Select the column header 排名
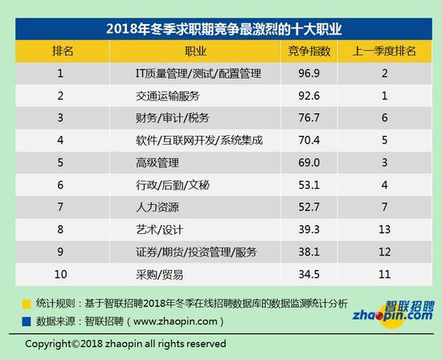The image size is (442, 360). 63,51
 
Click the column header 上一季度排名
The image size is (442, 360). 384,51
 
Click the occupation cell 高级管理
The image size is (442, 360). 158,162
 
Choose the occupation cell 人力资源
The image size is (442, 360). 158,207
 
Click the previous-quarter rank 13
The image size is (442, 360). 384,230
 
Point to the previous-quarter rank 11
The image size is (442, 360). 384,274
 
